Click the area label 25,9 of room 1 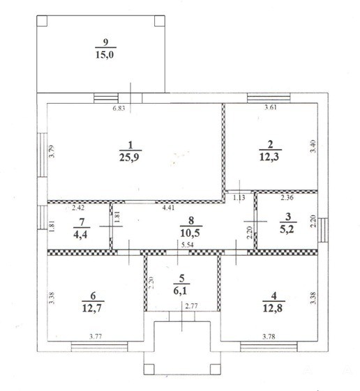pyautogui.click(x=129, y=158)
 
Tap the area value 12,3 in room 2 pyautogui.click(x=269, y=158)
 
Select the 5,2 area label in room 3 pyautogui.click(x=287, y=229)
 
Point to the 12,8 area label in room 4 pyautogui.click(x=273, y=309)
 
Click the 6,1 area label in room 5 pyautogui.click(x=180, y=291)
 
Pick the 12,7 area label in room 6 pyautogui.click(x=91, y=309)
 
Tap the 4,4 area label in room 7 pyautogui.click(x=80, y=234)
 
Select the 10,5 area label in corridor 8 pyautogui.click(x=190, y=233)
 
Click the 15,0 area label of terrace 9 pyautogui.click(x=105, y=54)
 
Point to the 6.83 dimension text pyautogui.click(x=119, y=109)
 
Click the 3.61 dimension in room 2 pyautogui.click(x=271, y=107)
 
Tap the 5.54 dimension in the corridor pyautogui.click(x=187, y=245)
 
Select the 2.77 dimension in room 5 pyautogui.click(x=192, y=306)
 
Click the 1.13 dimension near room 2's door pyautogui.click(x=239, y=198)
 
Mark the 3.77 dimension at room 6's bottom pyautogui.click(x=96, y=337)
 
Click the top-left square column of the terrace pyautogui.click(x=42, y=21)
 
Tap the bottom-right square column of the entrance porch pyautogui.click(x=216, y=369)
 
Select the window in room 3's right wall pyautogui.click(x=323, y=230)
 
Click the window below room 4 pyautogui.click(x=269, y=346)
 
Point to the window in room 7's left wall pyautogui.click(x=42, y=217)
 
